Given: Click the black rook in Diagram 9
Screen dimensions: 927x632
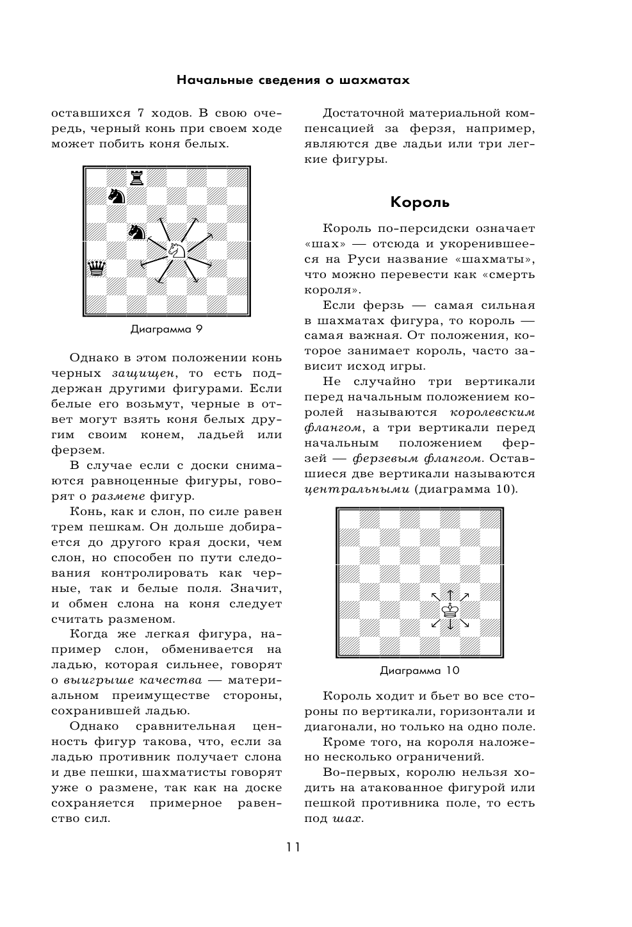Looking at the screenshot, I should pyautogui.click(x=136, y=177).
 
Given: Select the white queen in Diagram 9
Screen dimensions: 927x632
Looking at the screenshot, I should pyautogui.click(x=97, y=268).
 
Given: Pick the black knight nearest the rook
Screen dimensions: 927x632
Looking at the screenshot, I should pyautogui.click(x=116, y=195).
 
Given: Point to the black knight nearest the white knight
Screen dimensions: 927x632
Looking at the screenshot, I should pyautogui.click(x=136, y=231).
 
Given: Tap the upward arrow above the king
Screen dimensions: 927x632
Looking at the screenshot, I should pyautogui.click(x=451, y=595).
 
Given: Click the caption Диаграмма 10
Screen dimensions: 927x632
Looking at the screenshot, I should pyautogui.click(x=419, y=671).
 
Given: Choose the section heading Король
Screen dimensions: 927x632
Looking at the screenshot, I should pyautogui.click(x=420, y=202).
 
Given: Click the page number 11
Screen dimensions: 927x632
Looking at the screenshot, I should pyautogui.click(x=293, y=847).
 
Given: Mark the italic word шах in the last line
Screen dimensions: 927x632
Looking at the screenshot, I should pyautogui.click(x=347, y=819).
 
